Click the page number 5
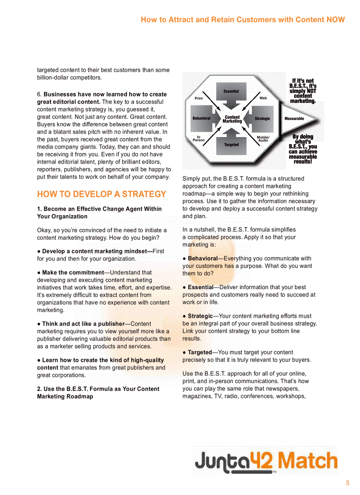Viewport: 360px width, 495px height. tap(348, 483)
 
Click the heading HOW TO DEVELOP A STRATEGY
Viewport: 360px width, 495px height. tap(102, 194)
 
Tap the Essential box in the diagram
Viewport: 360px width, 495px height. tap(231, 91)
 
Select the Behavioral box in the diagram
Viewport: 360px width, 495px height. tap(201, 119)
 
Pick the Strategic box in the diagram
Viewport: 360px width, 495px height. tap(262, 119)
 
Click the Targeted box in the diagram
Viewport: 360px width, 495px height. tap(231, 145)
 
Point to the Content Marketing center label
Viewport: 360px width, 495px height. tap(232, 119)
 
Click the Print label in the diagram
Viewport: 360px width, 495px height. tap(199, 98)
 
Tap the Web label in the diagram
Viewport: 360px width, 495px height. tap(263, 98)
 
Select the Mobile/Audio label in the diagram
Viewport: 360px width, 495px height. tap(263, 138)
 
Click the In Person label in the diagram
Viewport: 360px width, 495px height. tap(199, 138)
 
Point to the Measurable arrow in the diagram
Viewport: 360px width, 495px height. tap(298, 119)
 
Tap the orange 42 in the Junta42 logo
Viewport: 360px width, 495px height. tap(262, 461)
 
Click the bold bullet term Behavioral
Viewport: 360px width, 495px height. tap(203, 258)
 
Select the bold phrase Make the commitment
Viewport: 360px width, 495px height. tap(73, 272)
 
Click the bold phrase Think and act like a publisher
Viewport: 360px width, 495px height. tap(83, 324)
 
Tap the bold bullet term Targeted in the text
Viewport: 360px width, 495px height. tap(200, 352)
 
